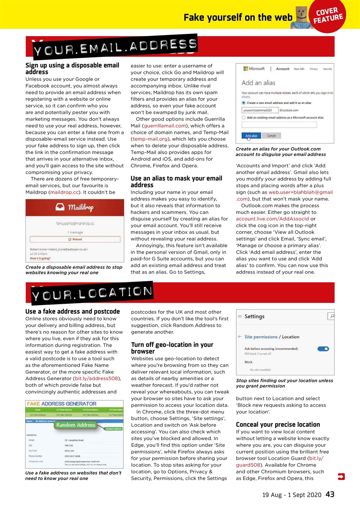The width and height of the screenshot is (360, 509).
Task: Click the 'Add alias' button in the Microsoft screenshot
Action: coord(251,136)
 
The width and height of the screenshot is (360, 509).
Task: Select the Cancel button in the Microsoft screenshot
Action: coord(271,136)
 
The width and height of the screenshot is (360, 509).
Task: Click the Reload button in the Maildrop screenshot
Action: coord(75,239)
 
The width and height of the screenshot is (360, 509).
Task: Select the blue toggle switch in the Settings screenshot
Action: coord(323,349)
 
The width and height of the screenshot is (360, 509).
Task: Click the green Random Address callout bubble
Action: coord(76,425)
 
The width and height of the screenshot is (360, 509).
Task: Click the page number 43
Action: coord(330,494)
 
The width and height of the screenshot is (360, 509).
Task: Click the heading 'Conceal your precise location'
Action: coord(278,424)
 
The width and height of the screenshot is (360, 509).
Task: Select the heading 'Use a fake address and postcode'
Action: coord(72,311)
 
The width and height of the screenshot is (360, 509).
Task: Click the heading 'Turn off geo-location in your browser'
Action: coord(172,348)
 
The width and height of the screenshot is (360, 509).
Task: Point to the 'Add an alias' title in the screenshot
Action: coord(258,83)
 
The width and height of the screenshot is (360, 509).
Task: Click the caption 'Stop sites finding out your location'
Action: coord(284,383)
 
